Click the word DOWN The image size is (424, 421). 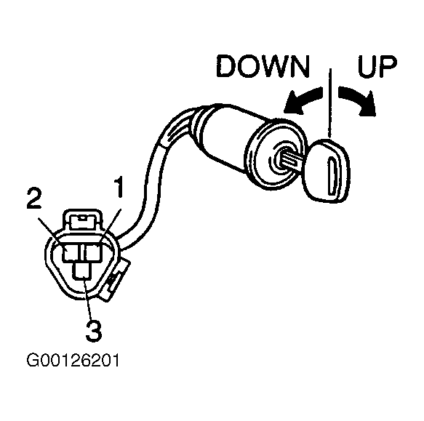263,66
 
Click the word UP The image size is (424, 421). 377,66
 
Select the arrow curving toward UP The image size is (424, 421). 358,100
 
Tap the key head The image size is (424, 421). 327,171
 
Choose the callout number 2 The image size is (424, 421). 34,199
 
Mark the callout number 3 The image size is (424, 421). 93,331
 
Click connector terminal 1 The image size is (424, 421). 92,252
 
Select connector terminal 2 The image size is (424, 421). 71,252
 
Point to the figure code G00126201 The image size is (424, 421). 73,361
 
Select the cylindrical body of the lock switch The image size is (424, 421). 238,138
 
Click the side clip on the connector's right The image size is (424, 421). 116,280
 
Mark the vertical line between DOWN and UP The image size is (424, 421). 330,103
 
